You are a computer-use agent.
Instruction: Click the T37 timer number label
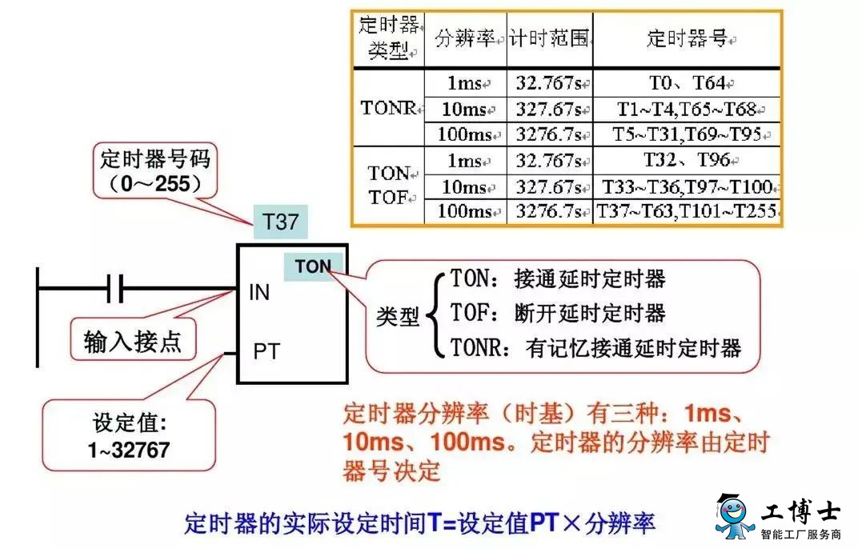[x=281, y=222]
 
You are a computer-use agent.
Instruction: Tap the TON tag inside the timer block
[x=314, y=266]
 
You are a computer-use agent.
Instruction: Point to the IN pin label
[x=259, y=292]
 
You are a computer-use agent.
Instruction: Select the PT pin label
[x=267, y=351]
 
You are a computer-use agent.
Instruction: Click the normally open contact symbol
[x=115, y=288]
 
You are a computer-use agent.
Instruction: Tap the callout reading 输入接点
[x=133, y=342]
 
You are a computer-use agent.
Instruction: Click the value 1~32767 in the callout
[x=129, y=450]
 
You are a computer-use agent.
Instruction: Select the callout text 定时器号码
[x=155, y=159]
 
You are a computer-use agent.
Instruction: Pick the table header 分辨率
[x=465, y=38]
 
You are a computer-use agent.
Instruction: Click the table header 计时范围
[x=549, y=38]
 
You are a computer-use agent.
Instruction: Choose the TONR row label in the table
[x=388, y=108]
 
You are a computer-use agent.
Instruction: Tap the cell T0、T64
[x=688, y=82]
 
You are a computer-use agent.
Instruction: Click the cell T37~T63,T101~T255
[x=687, y=210]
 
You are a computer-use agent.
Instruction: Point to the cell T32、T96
[x=687, y=160]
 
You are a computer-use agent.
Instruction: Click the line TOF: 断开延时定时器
[x=558, y=313]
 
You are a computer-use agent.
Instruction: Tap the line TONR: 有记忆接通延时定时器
[x=596, y=347]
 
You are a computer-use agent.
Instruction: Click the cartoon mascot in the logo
[x=734, y=515]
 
